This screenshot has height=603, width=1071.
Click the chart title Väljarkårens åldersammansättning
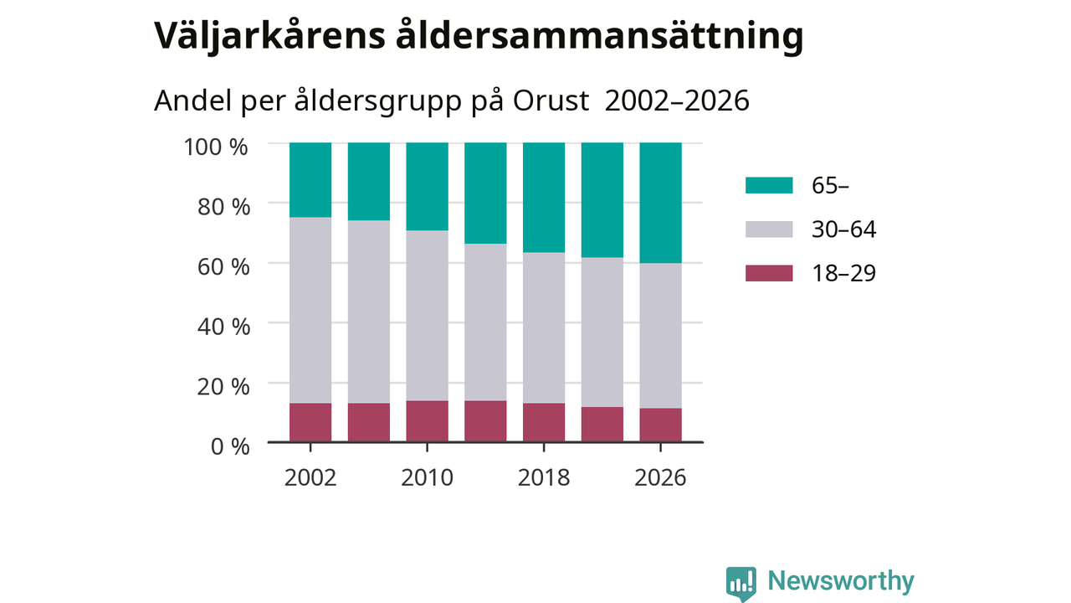pos(479,36)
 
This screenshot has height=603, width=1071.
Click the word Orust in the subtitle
pos(551,100)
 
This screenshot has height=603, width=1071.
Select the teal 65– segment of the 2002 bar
pos(310,180)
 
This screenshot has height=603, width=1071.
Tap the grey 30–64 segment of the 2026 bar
pos(660,336)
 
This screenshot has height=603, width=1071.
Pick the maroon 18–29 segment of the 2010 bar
pos(427,421)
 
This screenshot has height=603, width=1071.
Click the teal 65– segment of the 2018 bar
pos(544,197)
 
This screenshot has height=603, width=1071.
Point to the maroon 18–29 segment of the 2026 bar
pos(660,425)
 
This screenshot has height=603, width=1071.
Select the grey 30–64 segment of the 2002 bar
pos(310,310)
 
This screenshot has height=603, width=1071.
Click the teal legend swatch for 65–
pos(769,185)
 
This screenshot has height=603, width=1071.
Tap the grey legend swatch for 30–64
pos(769,229)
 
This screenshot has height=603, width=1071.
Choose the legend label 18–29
pos(844,273)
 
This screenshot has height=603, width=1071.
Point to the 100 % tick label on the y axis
pos(216,147)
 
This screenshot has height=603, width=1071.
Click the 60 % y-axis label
pos(223,266)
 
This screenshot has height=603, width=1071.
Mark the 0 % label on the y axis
pos(230,446)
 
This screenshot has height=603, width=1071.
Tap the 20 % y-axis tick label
pos(223,387)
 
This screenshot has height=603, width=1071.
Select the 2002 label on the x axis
pos(310,477)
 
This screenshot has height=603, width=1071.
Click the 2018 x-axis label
pos(544,477)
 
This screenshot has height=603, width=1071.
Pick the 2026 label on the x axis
pos(660,477)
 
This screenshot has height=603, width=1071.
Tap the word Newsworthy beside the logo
pos(841,581)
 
